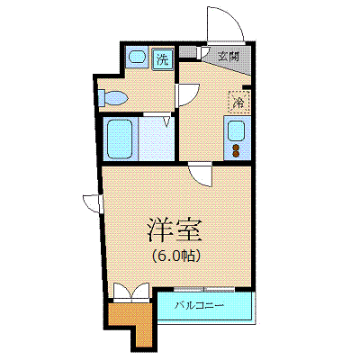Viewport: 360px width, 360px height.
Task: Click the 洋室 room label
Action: [175, 230]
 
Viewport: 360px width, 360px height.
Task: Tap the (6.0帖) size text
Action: [175, 256]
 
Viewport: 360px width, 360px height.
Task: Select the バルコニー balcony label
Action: [200, 306]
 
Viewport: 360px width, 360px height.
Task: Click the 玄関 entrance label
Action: [229, 57]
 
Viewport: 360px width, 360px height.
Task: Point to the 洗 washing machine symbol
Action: [162, 58]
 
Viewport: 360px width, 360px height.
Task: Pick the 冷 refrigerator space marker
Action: [239, 102]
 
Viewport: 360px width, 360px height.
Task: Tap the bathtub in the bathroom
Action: [120, 139]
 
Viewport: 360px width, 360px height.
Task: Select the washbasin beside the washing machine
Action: [137, 57]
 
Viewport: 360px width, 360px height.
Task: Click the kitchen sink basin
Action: [237, 131]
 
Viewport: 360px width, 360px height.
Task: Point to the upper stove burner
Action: [237, 148]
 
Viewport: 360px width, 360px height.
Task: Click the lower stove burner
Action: [237, 154]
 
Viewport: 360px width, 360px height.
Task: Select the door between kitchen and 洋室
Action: [201, 175]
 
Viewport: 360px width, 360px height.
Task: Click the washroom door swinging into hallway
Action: [189, 94]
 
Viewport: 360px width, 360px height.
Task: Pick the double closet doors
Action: [131, 292]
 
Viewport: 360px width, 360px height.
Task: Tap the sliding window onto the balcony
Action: [204, 290]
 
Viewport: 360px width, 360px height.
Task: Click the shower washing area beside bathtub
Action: [156, 139]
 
